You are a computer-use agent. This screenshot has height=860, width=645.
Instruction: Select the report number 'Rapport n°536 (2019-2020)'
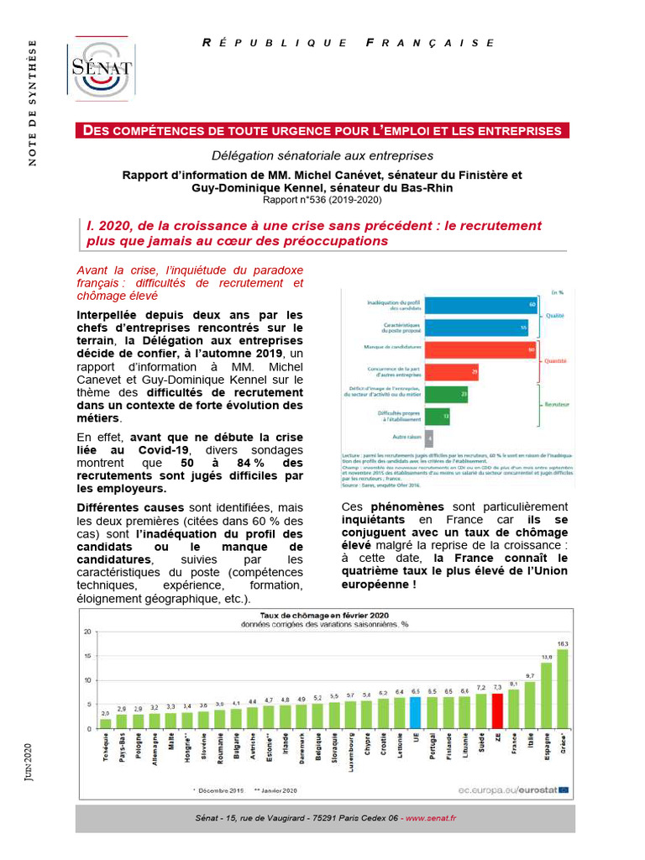tap(322, 200)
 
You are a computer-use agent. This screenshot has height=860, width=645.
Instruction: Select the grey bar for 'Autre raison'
tap(430, 437)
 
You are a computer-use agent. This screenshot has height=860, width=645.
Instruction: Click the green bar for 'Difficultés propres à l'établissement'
tap(438, 415)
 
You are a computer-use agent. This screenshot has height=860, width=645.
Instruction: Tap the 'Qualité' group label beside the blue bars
tap(554, 317)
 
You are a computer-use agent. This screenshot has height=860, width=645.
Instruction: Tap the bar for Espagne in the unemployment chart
tap(546, 695)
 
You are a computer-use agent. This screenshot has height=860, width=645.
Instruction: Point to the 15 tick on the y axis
tap(87, 656)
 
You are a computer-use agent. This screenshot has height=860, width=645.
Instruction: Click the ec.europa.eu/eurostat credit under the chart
tap(520, 789)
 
